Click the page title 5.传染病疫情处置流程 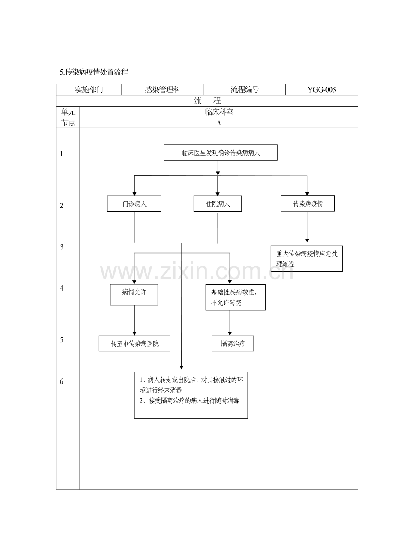pyautogui.click(x=94, y=72)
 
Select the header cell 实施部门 pyautogui.click(x=89, y=90)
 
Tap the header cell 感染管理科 pyautogui.click(x=162, y=90)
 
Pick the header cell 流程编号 pyautogui.click(x=245, y=90)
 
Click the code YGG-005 pyautogui.click(x=322, y=90)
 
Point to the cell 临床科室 pyautogui.click(x=219, y=112)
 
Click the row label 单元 pyautogui.click(x=68, y=112)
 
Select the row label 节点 pyautogui.click(x=68, y=123)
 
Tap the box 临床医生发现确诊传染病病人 pyautogui.click(x=221, y=153)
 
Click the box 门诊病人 pyautogui.click(x=134, y=204)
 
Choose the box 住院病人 pyautogui.click(x=218, y=204)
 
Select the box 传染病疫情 pyautogui.click(x=308, y=204)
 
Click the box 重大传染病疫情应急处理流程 pyautogui.click(x=306, y=258)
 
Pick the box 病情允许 pyautogui.click(x=134, y=294)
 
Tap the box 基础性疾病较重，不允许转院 pyautogui.click(x=235, y=297)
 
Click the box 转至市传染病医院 pyautogui.click(x=134, y=344)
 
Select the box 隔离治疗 pyautogui.click(x=233, y=344)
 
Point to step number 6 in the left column pyautogui.click(x=62, y=381)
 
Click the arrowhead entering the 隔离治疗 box pyautogui.click(x=230, y=334)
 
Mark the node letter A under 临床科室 pyautogui.click(x=219, y=123)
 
